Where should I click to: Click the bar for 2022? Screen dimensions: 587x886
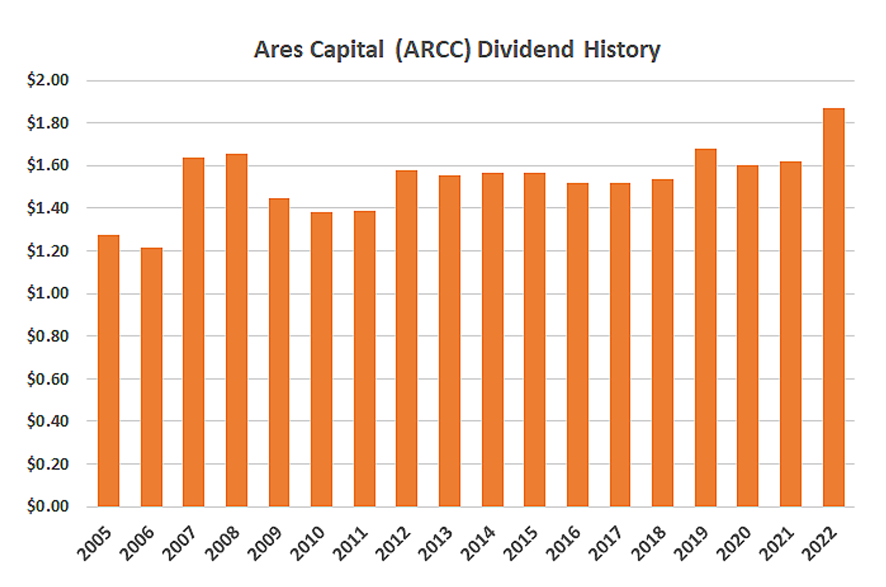pyautogui.click(x=833, y=307)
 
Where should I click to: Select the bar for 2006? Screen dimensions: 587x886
pyautogui.click(x=152, y=377)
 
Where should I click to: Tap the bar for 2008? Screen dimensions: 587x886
pyautogui.click(x=237, y=330)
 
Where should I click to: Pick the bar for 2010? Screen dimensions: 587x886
pyautogui.click(x=322, y=359)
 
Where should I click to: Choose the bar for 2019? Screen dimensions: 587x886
pyautogui.click(x=706, y=328)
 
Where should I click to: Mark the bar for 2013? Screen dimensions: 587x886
pyautogui.click(x=450, y=341)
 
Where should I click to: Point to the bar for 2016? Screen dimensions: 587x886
pyautogui.click(x=577, y=345)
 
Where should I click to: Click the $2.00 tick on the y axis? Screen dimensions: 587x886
pyautogui.click(x=48, y=80)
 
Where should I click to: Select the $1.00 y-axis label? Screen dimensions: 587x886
pyautogui.click(x=48, y=293)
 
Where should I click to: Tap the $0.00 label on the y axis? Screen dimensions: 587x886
pyautogui.click(x=48, y=506)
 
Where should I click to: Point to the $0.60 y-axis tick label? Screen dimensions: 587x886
pyautogui.click(x=48, y=379)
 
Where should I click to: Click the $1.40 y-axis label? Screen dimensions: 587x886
pyautogui.click(x=48, y=208)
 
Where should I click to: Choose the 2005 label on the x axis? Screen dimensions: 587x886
pyautogui.click(x=95, y=544)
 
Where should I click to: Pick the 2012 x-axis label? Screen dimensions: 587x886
pyautogui.click(x=393, y=544)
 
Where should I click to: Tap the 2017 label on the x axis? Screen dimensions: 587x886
pyautogui.click(x=606, y=544)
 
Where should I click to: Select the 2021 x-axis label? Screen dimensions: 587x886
pyautogui.click(x=777, y=544)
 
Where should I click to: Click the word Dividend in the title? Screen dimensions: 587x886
pyautogui.click(x=525, y=50)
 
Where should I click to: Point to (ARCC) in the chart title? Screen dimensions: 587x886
pyautogui.click(x=432, y=50)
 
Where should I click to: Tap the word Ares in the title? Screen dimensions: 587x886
pyautogui.click(x=278, y=50)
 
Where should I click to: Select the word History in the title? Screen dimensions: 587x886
pyautogui.click(x=622, y=50)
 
